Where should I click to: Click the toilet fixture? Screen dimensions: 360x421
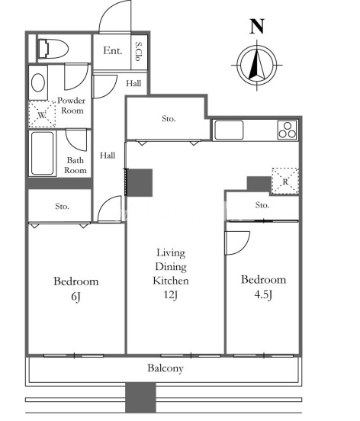[53, 49]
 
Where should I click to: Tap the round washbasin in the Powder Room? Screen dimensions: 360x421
[38, 82]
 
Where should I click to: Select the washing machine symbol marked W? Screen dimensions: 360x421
[42, 114]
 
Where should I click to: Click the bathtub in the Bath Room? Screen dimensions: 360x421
[43, 153]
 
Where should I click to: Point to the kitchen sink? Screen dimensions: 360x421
[229, 130]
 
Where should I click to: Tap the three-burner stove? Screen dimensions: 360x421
[288, 130]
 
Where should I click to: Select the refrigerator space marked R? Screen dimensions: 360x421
[285, 181]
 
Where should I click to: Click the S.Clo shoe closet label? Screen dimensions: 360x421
[139, 51]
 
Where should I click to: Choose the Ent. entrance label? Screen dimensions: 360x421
[113, 50]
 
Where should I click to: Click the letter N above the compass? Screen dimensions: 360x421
[257, 26]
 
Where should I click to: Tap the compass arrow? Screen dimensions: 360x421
[257, 64]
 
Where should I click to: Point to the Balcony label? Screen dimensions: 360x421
[166, 368]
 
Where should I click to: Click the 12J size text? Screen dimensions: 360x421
[171, 295]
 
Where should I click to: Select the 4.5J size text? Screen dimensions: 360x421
[263, 295]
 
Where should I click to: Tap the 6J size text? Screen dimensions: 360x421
[76, 297]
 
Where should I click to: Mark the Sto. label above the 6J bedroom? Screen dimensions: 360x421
[63, 206]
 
